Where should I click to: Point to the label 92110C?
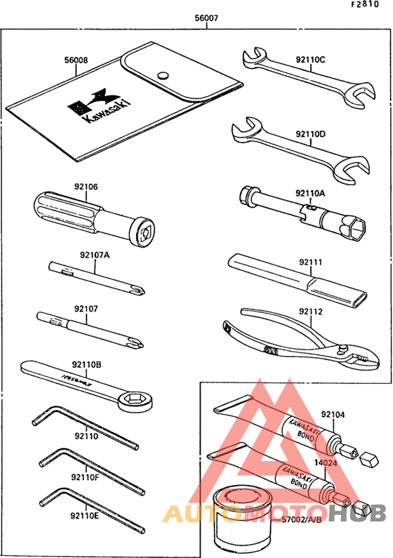310,60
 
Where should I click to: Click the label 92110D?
310,133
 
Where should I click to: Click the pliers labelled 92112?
295,337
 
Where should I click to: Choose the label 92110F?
84,477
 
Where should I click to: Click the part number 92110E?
84,517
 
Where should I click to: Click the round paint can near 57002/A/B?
244,516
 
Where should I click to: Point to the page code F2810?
376,5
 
